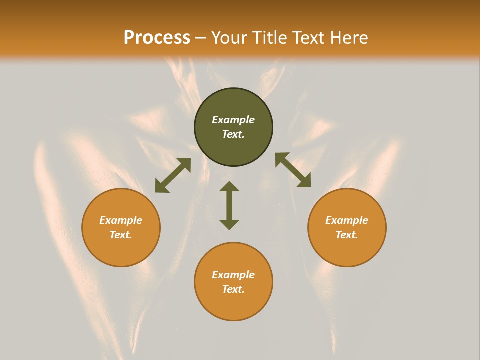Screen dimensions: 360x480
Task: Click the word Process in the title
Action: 157,38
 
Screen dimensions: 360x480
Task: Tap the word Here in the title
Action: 348,38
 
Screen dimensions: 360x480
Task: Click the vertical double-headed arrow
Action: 229,205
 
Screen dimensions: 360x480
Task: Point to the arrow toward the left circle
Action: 173,175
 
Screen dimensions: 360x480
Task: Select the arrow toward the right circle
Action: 293,170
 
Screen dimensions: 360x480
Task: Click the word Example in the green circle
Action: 233,120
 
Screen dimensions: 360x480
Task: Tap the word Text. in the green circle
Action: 233,134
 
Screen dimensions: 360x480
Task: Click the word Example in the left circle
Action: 121,220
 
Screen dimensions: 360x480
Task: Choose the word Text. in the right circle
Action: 347,235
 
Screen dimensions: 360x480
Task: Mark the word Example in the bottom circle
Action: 233,275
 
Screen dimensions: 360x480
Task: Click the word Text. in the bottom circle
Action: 233,289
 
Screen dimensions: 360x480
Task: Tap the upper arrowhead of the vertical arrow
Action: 229,186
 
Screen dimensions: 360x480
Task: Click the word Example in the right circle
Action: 347,220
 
